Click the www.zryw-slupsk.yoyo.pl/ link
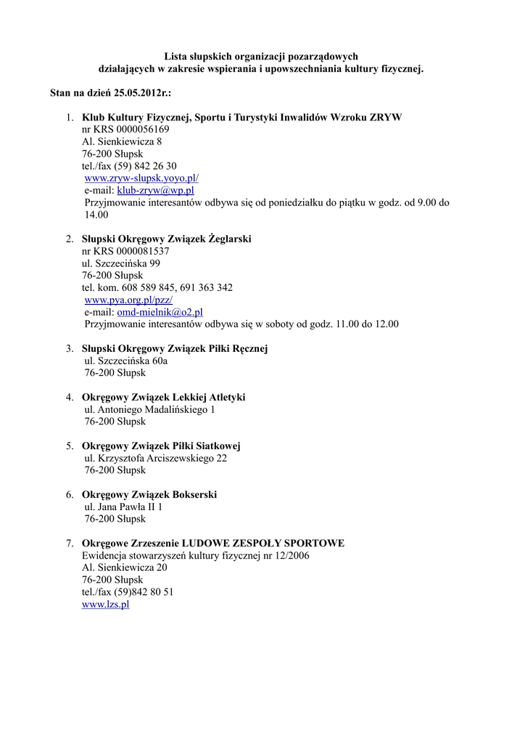(x=141, y=178)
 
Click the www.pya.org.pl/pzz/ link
(x=128, y=300)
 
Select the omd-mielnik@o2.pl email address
(x=160, y=312)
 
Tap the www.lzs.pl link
(x=106, y=604)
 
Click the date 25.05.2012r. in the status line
(x=141, y=94)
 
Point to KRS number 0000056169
(x=137, y=130)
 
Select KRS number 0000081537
(x=137, y=251)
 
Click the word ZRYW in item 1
(x=386, y=118)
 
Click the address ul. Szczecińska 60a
(x=126, y=361)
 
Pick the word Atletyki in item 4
(x=227, y=397)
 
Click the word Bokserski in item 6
(x=191, y=494)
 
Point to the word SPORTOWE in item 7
(x=314, y=543)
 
